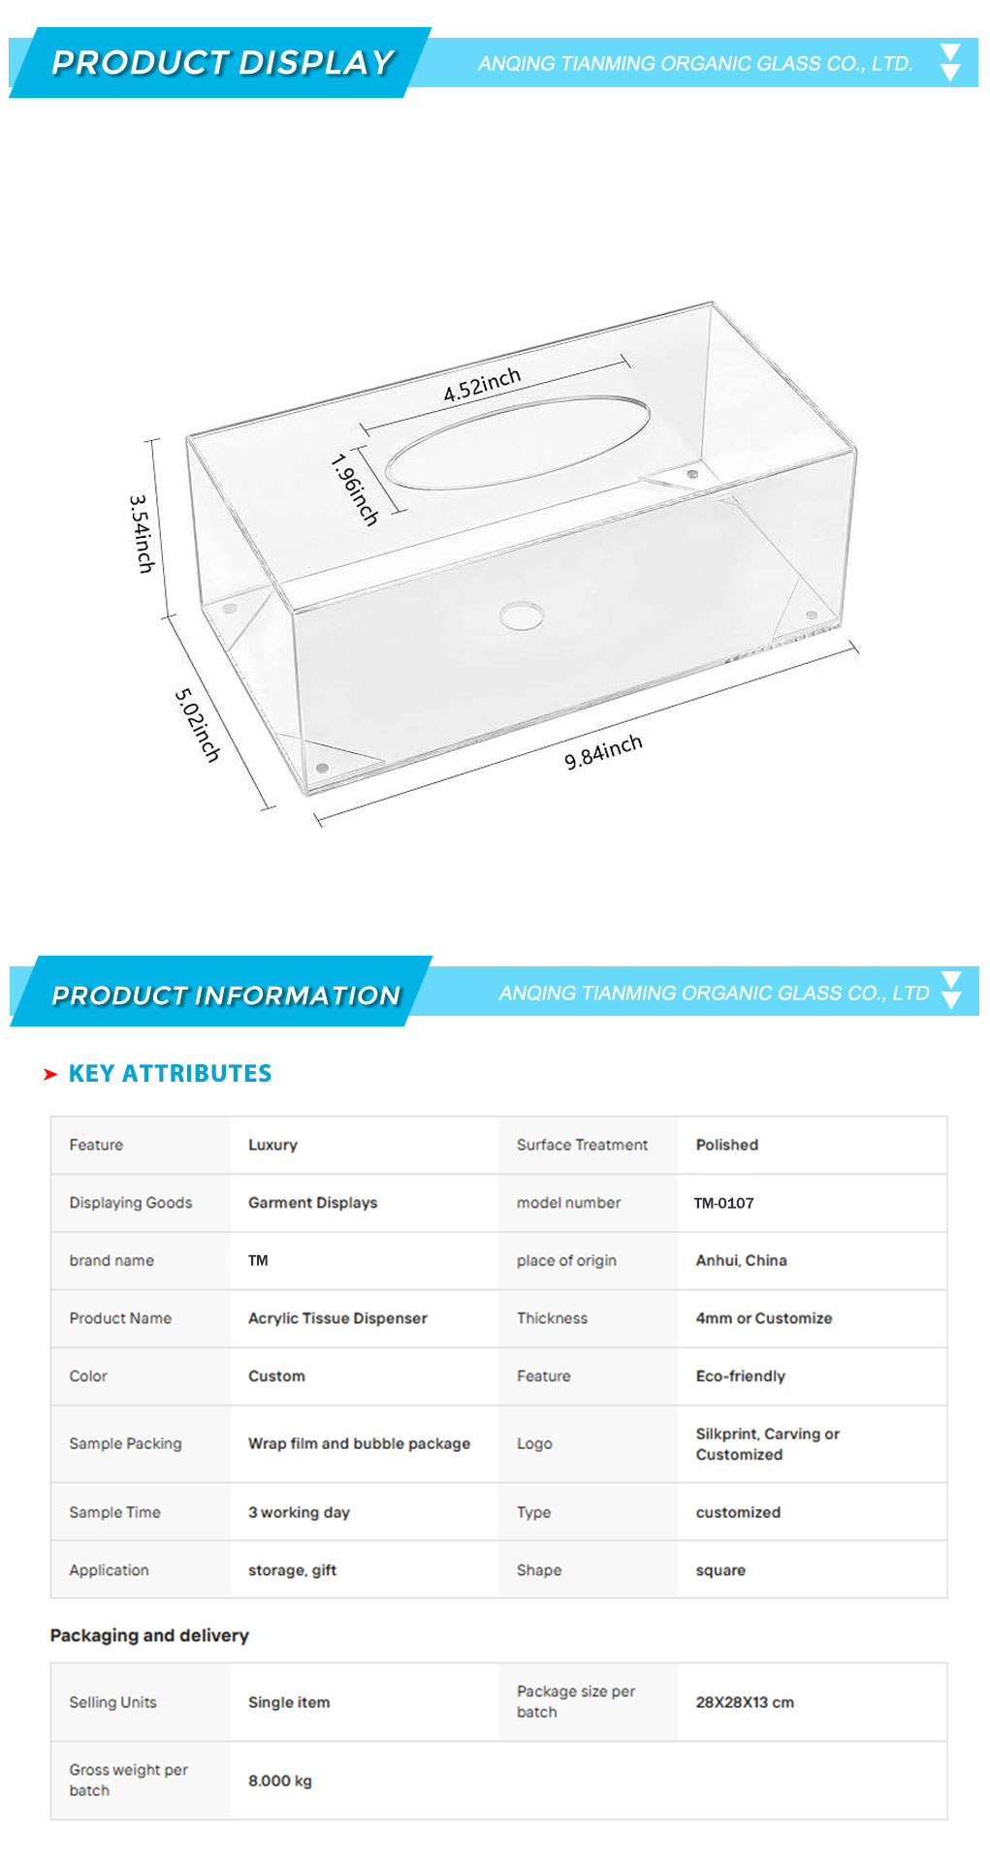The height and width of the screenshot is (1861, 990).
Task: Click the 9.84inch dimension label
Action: pos(603,752)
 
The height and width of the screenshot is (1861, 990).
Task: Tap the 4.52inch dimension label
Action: pos(482,385)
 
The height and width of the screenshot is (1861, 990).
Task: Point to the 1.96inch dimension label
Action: pos(354,489)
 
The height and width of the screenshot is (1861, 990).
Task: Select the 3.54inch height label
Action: pos(142,534)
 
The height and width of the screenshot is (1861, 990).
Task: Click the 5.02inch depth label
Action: pos(198,725)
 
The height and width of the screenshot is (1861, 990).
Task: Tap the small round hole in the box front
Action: pos(522,615)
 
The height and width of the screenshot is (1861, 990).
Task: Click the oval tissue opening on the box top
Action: pos(518,441)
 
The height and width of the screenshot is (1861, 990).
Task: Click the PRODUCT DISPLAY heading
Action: pos(222,62)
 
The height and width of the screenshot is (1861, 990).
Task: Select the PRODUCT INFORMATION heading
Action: pos(226,995)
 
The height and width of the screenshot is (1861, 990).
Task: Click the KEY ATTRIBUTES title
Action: pos(170,1073)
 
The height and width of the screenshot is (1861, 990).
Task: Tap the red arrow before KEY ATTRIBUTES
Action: pos(50,1074)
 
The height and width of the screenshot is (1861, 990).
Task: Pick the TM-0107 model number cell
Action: pos(723,1203)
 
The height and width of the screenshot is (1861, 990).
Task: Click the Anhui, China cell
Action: pos(741,1260)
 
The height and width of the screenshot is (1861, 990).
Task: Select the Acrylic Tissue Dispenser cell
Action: pos(337,1318)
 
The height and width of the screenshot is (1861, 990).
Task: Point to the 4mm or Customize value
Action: pos(764,1318)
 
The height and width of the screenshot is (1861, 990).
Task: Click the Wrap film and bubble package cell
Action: pos(359,1443)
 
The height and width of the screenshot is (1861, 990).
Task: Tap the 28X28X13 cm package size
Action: pos(745,1702)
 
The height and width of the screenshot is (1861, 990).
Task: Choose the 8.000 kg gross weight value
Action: pos(280,1781)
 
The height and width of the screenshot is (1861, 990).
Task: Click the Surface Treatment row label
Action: pos(582,1145)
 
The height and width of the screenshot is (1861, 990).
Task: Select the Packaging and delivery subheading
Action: pos(149,1635)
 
